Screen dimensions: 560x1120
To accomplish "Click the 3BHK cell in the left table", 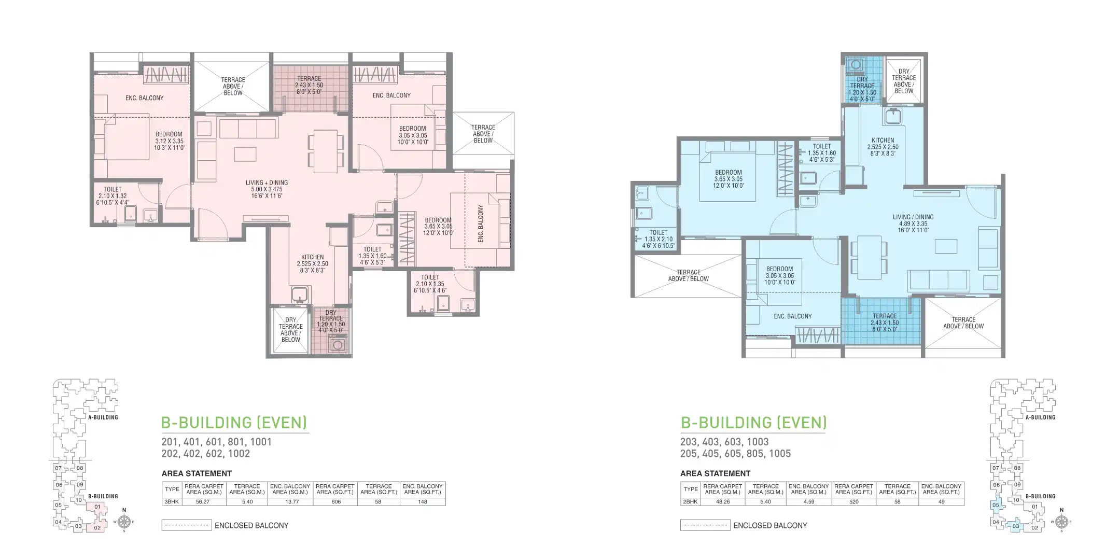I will [172, 501].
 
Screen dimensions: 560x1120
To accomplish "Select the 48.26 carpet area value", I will [723, 501].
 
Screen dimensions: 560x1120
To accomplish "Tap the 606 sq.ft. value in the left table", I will [335, 501].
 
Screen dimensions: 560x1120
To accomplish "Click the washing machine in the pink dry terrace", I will [338, 344].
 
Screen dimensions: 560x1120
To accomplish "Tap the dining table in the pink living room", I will [325, 151].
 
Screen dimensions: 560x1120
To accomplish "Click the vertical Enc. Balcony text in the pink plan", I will [481, 223].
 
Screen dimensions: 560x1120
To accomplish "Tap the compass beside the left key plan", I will [124, 521].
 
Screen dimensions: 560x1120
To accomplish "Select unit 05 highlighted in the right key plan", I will [995, 505].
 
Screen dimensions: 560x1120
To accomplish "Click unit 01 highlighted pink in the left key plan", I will [97, 507].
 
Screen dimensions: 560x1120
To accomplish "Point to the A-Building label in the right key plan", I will [1040, 417].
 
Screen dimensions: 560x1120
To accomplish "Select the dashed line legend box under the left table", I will [187, 525].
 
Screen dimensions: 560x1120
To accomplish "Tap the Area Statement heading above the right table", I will [715, 473].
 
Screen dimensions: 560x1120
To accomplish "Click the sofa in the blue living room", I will [938, 280].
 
